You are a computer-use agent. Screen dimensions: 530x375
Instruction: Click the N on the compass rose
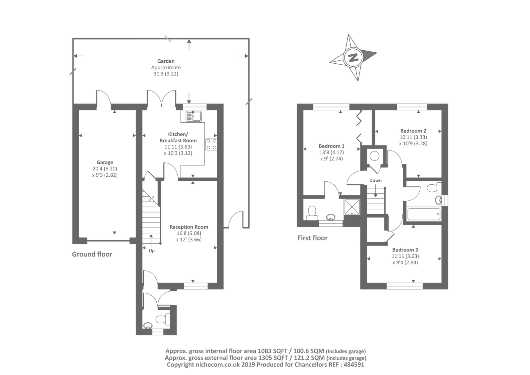(x=353, y=58)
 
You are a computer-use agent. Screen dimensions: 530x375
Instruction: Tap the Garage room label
(x=105, y=162)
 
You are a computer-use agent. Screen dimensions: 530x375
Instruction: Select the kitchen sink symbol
(x=193, y=116)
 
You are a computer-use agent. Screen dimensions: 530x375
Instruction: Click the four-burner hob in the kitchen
(x=211, y=144)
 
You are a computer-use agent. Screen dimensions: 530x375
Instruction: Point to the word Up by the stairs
(x=152, y=251)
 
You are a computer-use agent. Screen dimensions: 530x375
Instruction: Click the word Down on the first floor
(x=376, y=180)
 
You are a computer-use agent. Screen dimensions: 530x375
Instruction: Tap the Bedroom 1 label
(x=332, y=146)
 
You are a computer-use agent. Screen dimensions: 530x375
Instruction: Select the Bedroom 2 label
(x=413, y=131)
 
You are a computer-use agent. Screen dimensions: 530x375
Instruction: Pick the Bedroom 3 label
(x=405, y=250)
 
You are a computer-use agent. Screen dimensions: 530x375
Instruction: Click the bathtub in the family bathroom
(x=424, y=214)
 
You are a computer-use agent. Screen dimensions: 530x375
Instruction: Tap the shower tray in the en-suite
(x=352, y=207)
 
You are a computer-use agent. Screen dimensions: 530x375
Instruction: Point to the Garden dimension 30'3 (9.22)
(x=166, y=74)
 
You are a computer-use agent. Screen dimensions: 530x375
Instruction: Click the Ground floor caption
(x=92, y=254)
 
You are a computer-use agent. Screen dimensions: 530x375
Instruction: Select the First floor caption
(x=313, y=238)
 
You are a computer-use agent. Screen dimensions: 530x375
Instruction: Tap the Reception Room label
(x=189, y=227)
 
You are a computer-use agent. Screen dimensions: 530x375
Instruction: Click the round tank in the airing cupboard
(x=375, y=156)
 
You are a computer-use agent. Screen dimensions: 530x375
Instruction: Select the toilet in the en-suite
(x=312, y=213)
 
